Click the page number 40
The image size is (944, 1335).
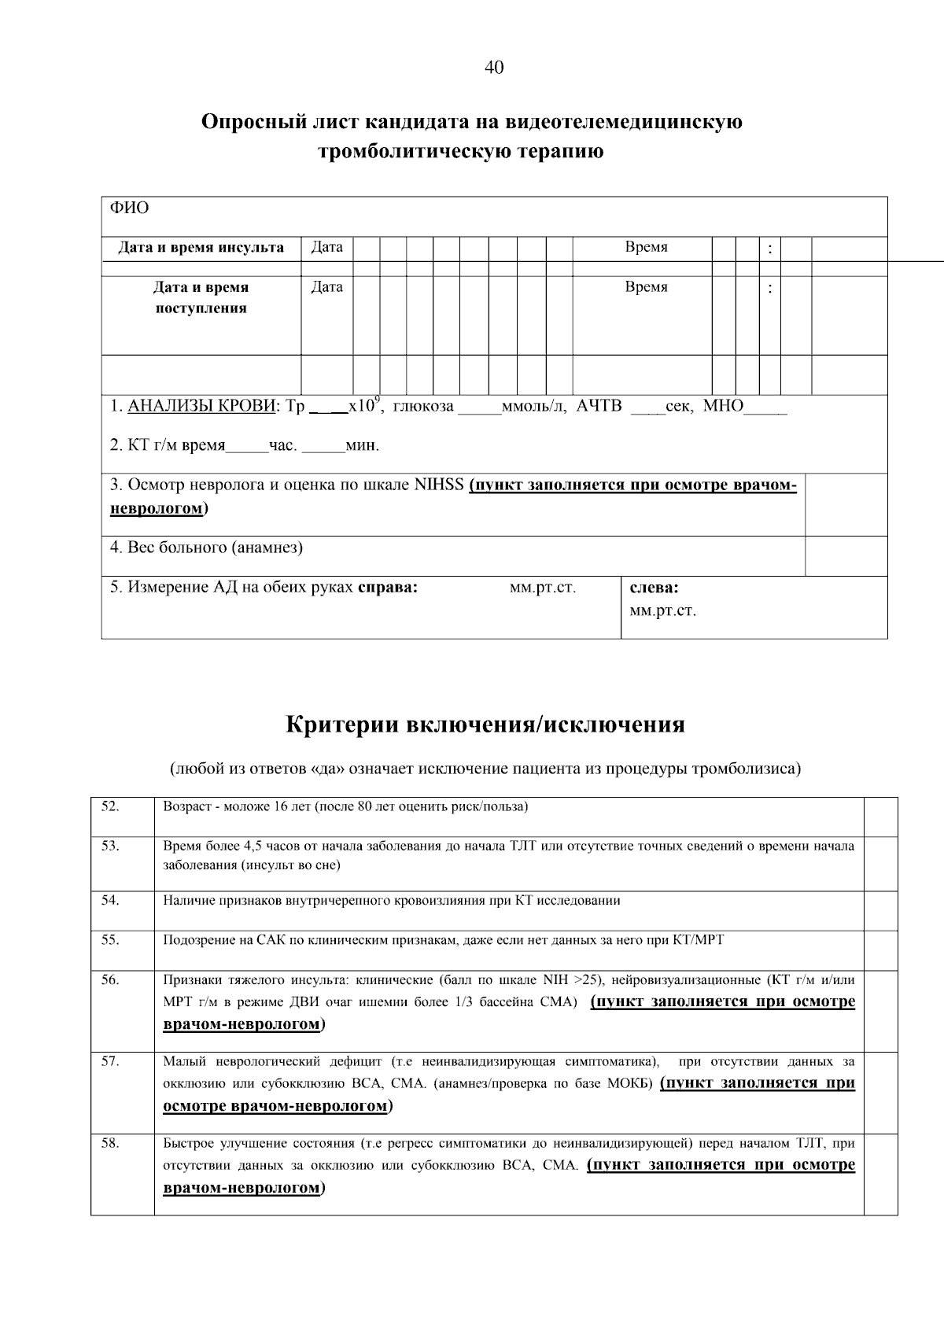pos(494,68)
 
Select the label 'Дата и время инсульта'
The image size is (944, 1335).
pos(201,248)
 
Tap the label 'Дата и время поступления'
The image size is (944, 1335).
pos(201,297)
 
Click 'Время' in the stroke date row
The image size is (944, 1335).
pos(646,247)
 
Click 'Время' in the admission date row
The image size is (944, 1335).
pos(646,287)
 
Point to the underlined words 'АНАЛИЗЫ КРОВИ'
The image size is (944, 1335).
pos(201,406)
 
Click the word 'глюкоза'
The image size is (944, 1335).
pos(423,406)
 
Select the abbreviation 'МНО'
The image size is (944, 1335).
pos(722,406)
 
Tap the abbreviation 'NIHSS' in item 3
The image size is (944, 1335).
pos(439,485)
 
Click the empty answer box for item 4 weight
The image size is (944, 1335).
pos(846,555)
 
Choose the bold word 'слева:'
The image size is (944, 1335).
pos(655,588)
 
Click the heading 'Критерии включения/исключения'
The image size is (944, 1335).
pos(485,724)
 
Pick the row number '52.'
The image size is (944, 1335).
pos(110,806)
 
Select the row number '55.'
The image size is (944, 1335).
pos(110,939)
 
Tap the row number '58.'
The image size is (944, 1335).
pos(110,1143)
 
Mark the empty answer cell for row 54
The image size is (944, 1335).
pos(880,910)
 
